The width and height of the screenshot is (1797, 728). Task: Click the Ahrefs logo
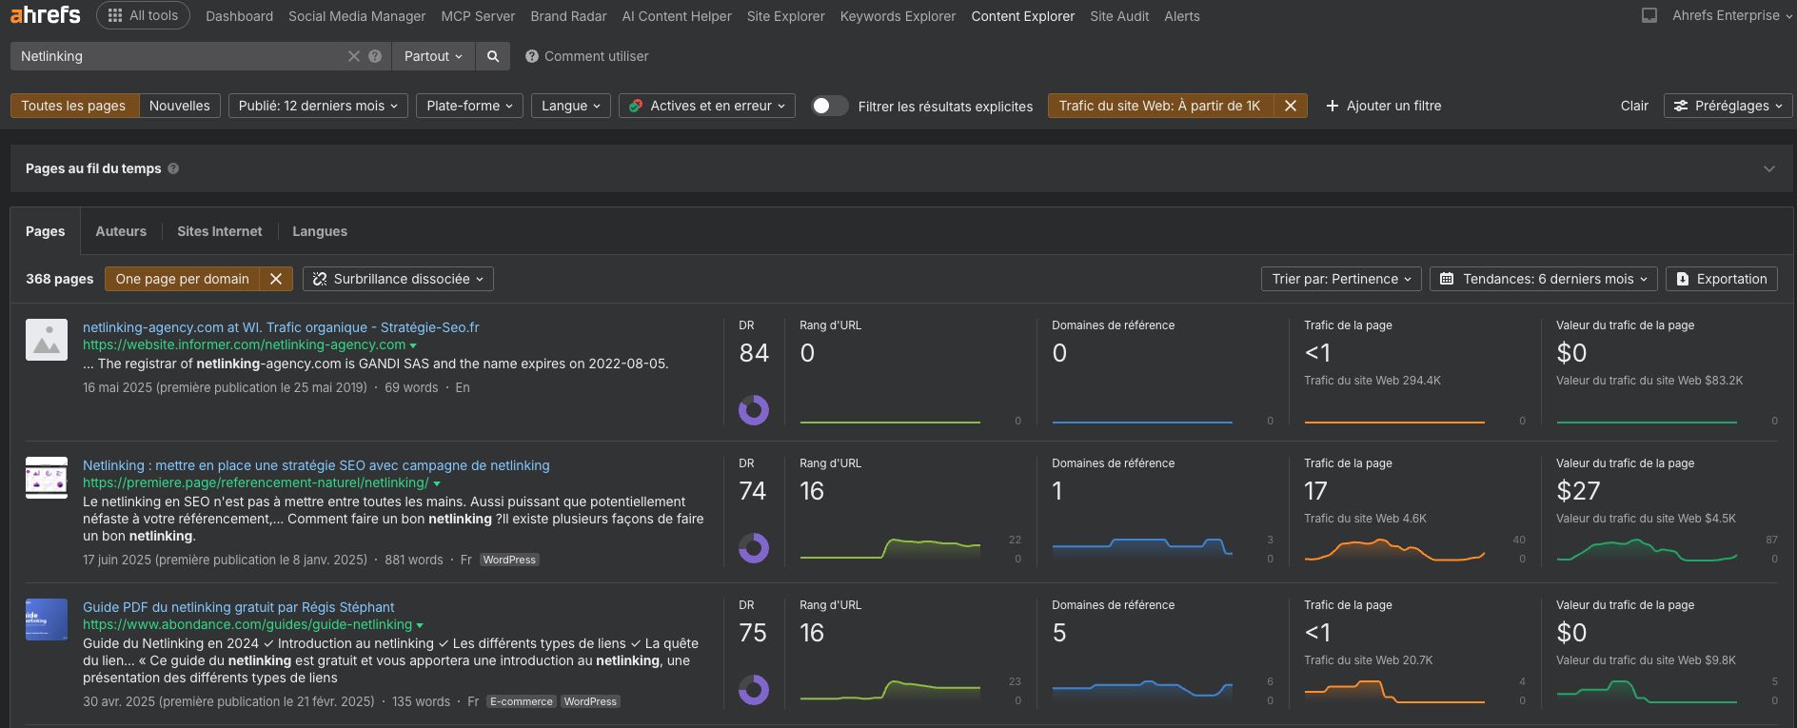click(x=45, y=15)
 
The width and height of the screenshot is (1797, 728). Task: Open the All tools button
click(x=143, y=15)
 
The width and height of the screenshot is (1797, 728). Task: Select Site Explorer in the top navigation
click(x=785, y=16)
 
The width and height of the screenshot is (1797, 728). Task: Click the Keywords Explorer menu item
click(x=898, y=16)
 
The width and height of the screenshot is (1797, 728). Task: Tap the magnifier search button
click(x=493, y=56)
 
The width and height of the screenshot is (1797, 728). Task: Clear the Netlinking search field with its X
click(x=354, y=56)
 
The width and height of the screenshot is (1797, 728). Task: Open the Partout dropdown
click(x=433, y=56)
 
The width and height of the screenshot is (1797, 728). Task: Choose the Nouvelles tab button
click(x=179, y=106)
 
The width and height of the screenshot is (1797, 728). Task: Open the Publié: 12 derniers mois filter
click(x=318, y=106)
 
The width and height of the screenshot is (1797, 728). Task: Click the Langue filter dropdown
click(x=571, y=106)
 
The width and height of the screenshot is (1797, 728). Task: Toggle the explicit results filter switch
click(x=829, y=106)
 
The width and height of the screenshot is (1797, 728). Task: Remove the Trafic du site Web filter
click(x=1290, y=106)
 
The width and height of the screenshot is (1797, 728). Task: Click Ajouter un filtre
click(x=1384, y=106)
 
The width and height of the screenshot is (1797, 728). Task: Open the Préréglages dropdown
click(x=1728, y=106)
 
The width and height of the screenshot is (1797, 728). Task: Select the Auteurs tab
click(x=121, y=231)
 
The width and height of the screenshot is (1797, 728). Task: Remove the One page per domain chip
click(x=276, y=279)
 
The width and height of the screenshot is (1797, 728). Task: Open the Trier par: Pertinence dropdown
click(x=1341, y=279)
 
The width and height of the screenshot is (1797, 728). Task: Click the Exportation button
click(x=1722, y=279)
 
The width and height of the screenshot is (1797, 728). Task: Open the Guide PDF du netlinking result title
click(x=238, y=607)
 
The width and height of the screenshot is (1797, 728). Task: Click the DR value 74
click(x=753, y=491)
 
